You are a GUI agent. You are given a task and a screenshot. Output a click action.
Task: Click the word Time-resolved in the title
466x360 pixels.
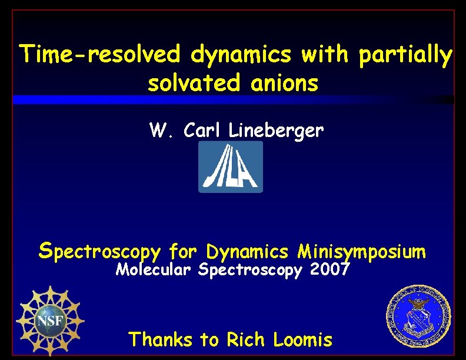(99, 55)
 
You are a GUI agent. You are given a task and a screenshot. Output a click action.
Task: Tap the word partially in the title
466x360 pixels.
(405, 56)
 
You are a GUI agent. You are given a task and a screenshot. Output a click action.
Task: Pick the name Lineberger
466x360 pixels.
(276, 131)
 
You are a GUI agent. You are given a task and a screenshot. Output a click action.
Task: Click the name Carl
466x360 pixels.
(202, 130)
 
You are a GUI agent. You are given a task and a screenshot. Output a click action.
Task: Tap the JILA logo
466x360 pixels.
(231, 167)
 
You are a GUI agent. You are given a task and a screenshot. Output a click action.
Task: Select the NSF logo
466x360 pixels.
(49, 320)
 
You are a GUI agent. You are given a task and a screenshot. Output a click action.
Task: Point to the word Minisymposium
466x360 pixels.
(361, 252)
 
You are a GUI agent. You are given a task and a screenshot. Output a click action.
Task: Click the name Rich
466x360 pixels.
(241, 339)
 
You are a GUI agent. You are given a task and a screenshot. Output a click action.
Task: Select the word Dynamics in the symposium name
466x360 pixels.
(248, 252)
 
